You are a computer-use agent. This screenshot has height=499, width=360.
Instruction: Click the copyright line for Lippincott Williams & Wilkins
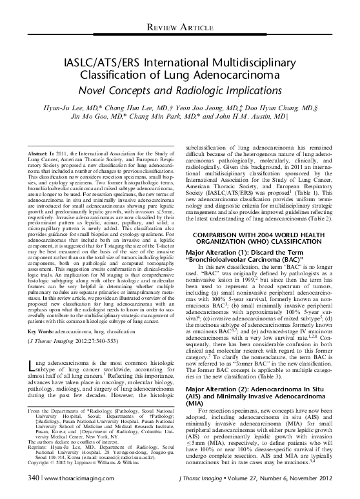(83, 463)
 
